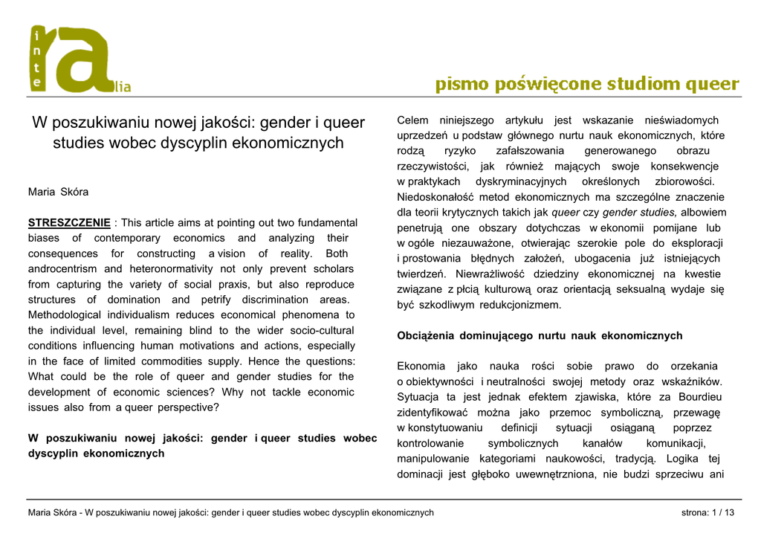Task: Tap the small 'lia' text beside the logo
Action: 122,88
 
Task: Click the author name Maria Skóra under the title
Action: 58,192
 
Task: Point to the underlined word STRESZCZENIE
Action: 69,222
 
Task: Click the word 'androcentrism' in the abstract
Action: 62,269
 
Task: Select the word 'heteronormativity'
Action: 172,269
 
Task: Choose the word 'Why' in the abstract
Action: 232,392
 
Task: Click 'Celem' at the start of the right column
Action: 412,120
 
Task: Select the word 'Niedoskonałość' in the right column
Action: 435,197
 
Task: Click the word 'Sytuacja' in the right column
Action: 418,397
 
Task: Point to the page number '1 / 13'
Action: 723,512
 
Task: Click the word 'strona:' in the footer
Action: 695,512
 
